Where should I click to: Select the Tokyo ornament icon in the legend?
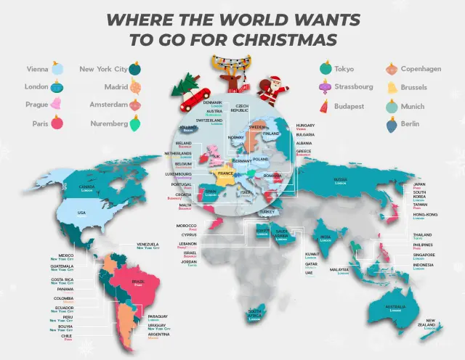click(324, 70)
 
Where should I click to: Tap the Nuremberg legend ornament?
click(135, 123)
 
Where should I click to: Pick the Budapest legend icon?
click(324, 106)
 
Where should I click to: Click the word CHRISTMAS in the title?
click(292, 38)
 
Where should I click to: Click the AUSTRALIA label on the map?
click(395, 308)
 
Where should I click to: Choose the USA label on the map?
click(81, 213)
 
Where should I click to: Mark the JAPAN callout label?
click(418, 184)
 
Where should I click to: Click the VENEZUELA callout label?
click(148, 245)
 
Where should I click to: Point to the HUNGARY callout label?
click(305, 126)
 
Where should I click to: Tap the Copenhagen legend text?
click(421, 69)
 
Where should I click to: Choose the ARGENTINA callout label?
click(158, 334)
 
